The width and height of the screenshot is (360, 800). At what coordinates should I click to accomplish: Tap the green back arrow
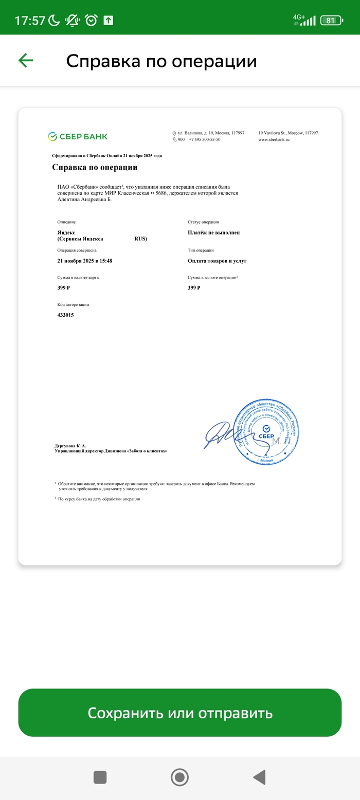pos(26,61)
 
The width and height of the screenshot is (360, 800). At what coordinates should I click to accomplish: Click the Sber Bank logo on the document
pos(78,136)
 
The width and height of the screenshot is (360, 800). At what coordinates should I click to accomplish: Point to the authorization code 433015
pos(65,315)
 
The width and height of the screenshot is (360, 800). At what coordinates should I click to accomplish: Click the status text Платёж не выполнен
pos(213,232)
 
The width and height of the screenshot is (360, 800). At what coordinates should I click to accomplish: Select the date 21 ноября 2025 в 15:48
pos(84,261)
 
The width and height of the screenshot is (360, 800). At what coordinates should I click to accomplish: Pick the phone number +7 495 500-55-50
pos(204,139)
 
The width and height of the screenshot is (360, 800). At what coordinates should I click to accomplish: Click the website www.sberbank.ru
pos(274,139)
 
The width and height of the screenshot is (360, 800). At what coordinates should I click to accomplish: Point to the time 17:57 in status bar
pos(30,21)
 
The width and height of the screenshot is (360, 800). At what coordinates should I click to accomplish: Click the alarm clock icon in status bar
pos(91,21)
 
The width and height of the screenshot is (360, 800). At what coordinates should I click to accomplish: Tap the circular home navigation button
pos(179,777)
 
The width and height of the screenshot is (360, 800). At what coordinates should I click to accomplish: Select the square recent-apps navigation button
pos(100,777)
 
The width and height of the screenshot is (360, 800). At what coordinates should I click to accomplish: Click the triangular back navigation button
pos(260,777)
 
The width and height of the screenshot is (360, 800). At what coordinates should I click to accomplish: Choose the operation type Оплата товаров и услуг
pos(217,261)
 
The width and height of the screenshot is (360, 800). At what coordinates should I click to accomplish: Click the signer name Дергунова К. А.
pos(70,446)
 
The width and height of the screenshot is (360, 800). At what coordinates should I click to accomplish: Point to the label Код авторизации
pos(73,304)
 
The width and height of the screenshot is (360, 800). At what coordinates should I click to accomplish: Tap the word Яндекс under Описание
pos(66,232)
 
